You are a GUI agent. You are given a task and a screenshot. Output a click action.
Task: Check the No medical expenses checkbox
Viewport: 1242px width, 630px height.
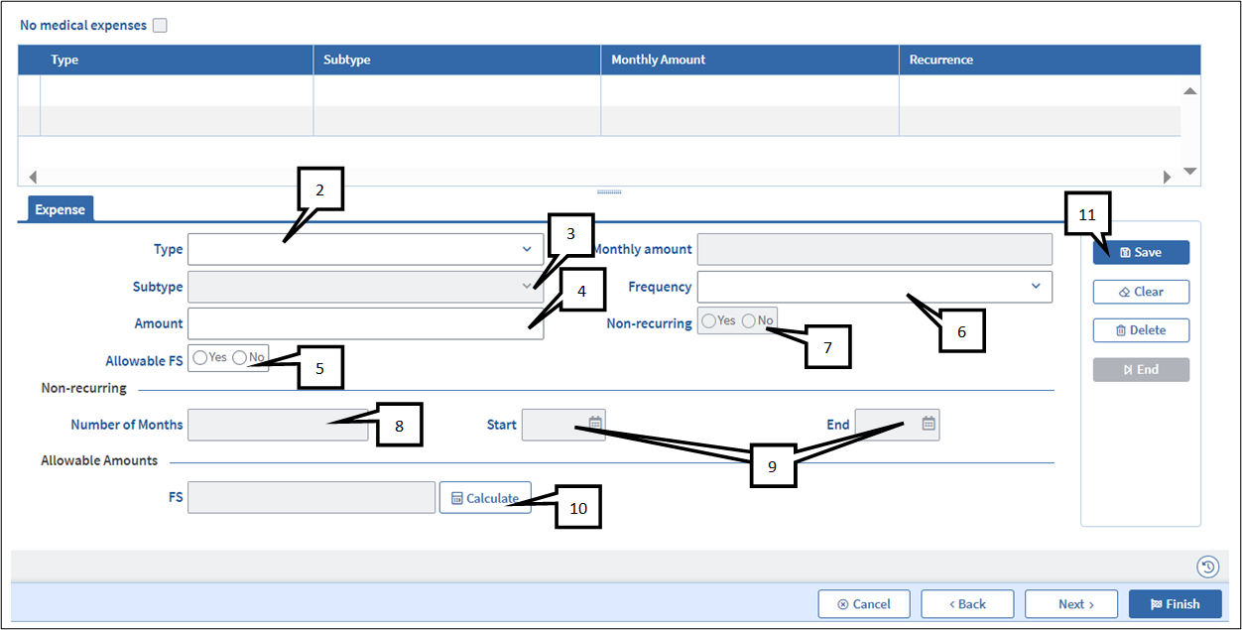[160, 26]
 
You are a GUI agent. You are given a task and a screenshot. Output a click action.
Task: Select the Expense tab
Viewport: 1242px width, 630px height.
[61, 209]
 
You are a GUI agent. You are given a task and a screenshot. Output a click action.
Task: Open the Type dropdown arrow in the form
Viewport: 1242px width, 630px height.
[527, 249]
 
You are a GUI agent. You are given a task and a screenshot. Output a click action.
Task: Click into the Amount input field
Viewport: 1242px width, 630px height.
[365, 323]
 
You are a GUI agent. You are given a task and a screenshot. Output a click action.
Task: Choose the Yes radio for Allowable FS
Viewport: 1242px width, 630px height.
[200, 358]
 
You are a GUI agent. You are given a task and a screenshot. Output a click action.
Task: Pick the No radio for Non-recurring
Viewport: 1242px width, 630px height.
[749, 320]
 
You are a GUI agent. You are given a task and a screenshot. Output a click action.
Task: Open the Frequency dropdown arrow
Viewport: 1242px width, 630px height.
[1036, 286]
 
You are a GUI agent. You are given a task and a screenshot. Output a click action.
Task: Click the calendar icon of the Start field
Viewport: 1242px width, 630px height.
[595, 424]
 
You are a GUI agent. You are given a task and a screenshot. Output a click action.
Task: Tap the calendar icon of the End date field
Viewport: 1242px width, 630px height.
[929, 424]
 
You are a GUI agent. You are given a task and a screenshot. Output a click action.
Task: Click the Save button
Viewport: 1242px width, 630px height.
[1141, 252]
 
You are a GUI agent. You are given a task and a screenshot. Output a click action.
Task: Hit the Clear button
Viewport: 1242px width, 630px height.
[1141, 292]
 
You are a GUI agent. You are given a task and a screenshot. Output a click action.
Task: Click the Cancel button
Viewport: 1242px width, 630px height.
[864, 604]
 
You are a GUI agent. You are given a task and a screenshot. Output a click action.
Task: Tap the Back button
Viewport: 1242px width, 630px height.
[967, 604]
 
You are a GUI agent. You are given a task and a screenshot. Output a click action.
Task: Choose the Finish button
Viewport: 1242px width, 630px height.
[1175, 604]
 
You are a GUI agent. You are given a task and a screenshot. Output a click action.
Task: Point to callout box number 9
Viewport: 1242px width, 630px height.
[773, 466]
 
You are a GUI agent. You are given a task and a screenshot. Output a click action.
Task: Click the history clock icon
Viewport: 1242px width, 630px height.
[1207, 567]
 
